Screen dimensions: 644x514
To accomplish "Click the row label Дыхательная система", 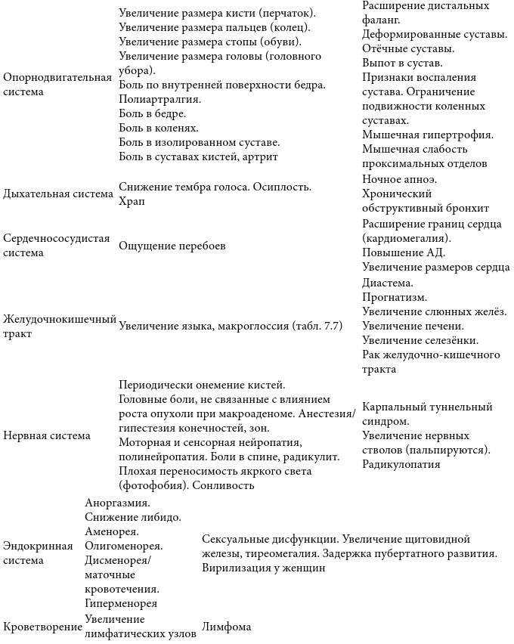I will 58,194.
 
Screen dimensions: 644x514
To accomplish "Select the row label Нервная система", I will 47,435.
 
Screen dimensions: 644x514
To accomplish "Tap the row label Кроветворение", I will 42,627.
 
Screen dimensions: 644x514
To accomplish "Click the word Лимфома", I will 226,627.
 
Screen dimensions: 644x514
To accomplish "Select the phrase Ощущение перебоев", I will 172,246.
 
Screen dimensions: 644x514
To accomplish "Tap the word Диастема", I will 388,283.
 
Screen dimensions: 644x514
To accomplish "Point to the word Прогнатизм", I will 395,297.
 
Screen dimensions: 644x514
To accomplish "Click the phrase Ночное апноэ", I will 399,179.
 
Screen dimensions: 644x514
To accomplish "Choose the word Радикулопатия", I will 401,464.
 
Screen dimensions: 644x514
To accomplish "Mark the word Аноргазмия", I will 118,503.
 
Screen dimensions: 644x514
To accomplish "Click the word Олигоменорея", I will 124,546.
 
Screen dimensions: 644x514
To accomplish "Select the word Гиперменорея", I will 121,603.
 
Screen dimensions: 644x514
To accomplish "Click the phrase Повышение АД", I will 404,252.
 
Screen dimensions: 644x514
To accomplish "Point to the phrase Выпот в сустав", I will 401,63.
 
